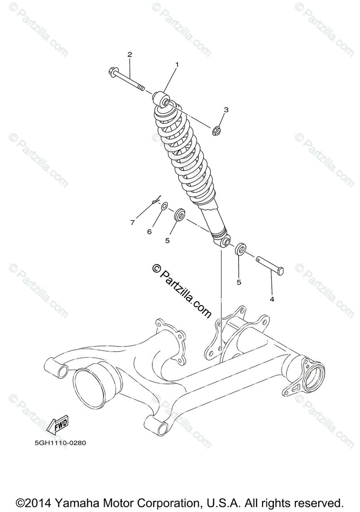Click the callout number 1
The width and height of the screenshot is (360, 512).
[177, 64]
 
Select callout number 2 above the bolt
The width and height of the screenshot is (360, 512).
[129, 54]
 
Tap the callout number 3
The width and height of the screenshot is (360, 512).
[226, 110]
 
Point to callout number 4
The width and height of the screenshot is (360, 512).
[272, 299]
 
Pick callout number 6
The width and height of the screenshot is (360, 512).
[149, 232]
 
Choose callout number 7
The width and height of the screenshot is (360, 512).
[132, 223]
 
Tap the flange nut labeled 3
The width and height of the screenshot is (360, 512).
[217, 130]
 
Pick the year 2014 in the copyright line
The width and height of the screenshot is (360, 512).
[41, 502]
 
